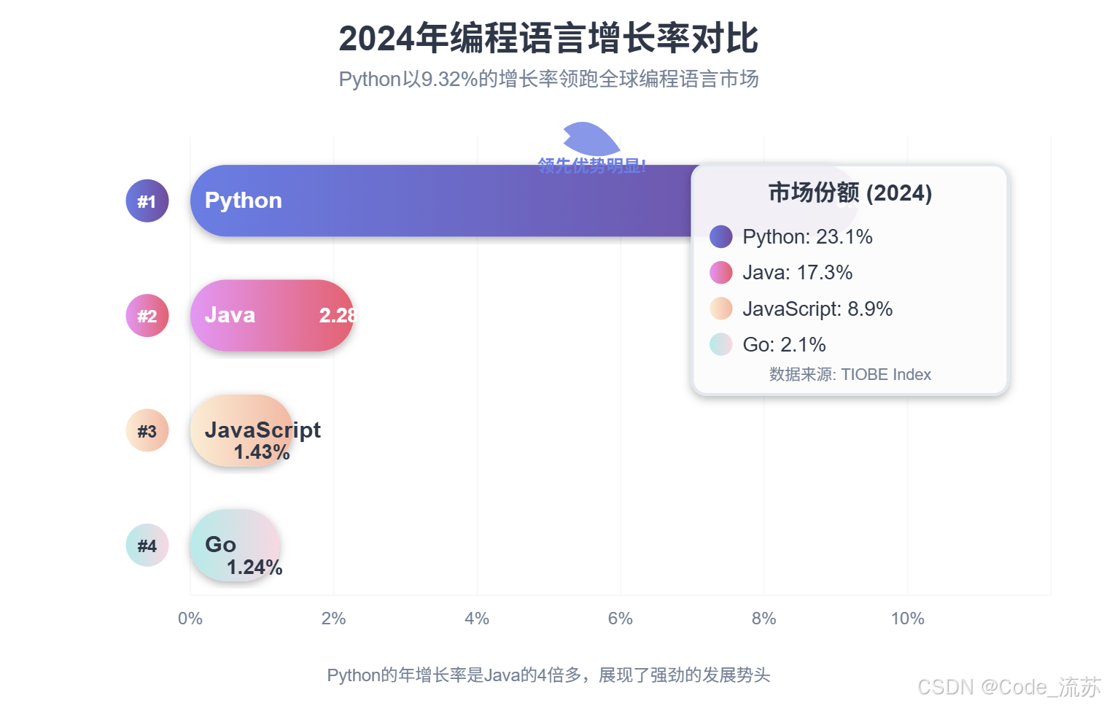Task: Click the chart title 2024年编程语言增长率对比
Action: pos(548,39)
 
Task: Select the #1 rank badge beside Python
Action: pos(147,201)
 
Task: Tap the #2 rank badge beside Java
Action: pos(147,316)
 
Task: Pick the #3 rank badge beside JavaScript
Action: pos(147,430)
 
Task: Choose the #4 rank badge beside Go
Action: pos(147,546)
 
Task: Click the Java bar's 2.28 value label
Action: pos(338,315)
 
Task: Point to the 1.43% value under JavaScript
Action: pos(262,452)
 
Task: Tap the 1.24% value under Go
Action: pos(254,567)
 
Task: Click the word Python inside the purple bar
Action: pos(243,201)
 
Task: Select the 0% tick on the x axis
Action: pos(190,618)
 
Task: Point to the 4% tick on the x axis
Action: pos(477,618)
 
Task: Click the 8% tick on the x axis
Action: pos(763,618)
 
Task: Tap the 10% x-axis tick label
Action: pos(907,618)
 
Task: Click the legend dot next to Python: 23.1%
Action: pos(720,236)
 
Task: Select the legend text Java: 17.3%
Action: pos(797,273)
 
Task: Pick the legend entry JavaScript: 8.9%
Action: pos(817,309)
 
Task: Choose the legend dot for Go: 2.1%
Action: pos(720,344)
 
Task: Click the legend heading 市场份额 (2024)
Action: pos(850,193)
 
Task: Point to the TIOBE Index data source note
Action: pos(850,375)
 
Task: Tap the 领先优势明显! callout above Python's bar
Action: pos(591,166)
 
